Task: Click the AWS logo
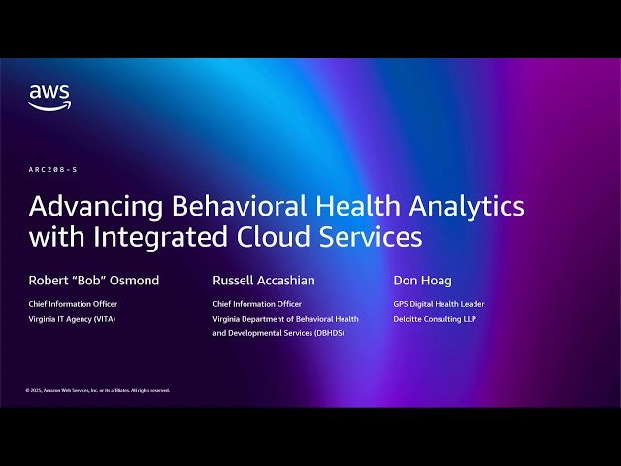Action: [49, 97]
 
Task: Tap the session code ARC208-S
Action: [52, 169]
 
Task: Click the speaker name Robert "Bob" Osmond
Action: [94, 281]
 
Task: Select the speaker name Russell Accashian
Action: [264, 281]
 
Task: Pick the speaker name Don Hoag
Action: [422, 281]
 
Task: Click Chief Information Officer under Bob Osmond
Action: [74, 304]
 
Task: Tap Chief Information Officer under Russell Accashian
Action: [258, 304]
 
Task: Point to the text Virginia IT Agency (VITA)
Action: [72, 319]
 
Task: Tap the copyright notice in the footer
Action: [98, 390]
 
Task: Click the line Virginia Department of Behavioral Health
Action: [285, 319]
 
